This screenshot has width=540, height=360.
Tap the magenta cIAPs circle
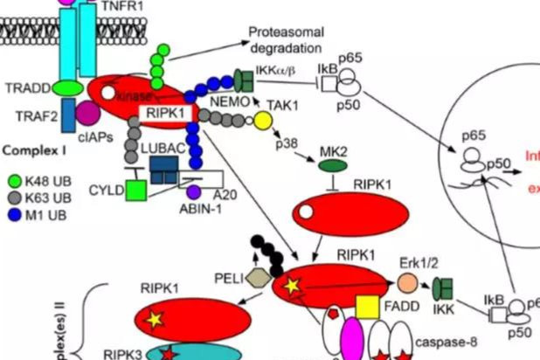coord(87,114)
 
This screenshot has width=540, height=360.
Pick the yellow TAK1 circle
coord(263,118)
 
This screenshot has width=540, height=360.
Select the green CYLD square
coord(135,189)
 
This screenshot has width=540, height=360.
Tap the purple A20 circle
coord(195,191)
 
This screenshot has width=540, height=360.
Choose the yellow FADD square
coord(367,307)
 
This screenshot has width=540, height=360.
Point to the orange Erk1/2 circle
coord(407,283)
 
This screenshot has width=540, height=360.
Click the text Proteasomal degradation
coord(285,40)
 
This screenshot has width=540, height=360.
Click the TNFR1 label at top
coord(121,6)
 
